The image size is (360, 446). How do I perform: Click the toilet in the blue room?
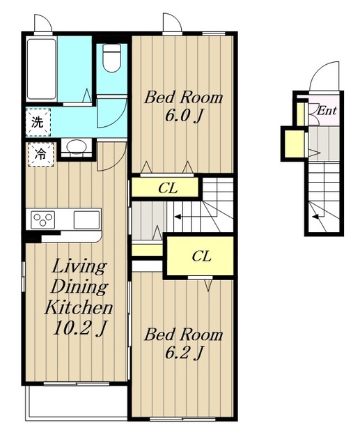point(111,58)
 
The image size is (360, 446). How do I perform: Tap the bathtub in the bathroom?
point(42,69)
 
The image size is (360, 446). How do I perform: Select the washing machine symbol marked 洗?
point(38,123)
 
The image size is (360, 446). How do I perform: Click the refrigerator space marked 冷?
point(40,155)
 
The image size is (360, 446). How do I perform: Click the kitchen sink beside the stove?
point(86,220)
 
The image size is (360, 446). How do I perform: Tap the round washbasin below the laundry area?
point(77,147)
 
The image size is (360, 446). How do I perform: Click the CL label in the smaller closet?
point(168,188)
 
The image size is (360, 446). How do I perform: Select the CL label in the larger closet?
point(201,256)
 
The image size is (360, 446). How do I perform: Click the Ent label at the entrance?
point(327,110)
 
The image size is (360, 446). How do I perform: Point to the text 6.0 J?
point(184,116)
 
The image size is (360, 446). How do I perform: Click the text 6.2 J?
point(184,353)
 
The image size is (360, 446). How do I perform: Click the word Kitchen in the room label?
point(79,307)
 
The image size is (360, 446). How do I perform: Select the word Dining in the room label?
point(79,286)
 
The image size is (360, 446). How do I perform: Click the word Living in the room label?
point(79,267)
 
